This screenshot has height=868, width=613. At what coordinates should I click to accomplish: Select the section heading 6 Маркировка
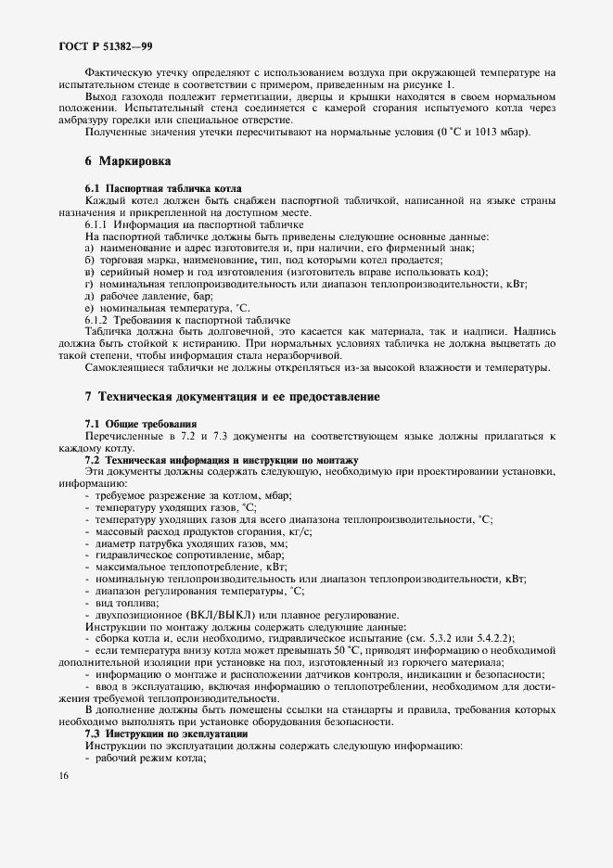tap(127, 160)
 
